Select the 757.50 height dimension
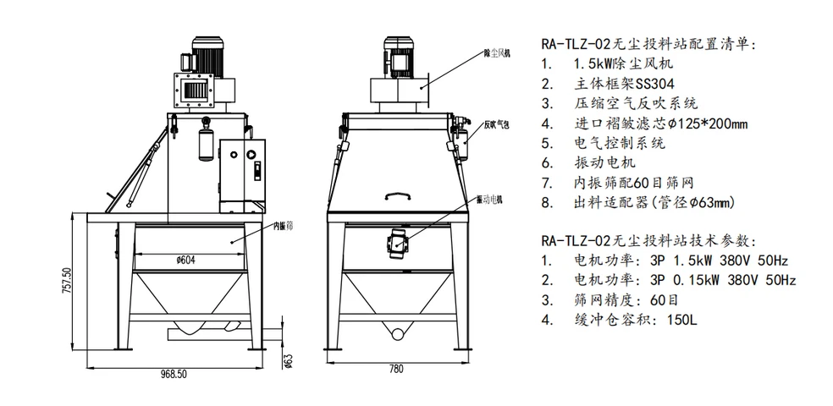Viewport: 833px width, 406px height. (77, 282)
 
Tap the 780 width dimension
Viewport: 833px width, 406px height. (395, 370)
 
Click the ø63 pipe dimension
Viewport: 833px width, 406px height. (288, 359)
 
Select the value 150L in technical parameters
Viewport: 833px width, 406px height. (681, 321)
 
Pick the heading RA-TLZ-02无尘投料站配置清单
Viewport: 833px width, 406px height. (647, 44)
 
